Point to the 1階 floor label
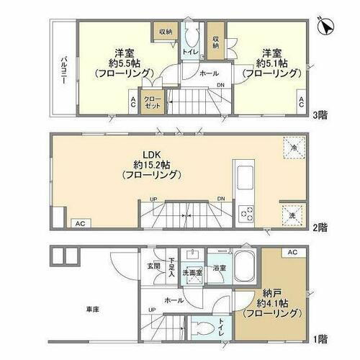pos(321,338)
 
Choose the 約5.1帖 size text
pos(271,63)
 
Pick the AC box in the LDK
pos(81,223)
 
